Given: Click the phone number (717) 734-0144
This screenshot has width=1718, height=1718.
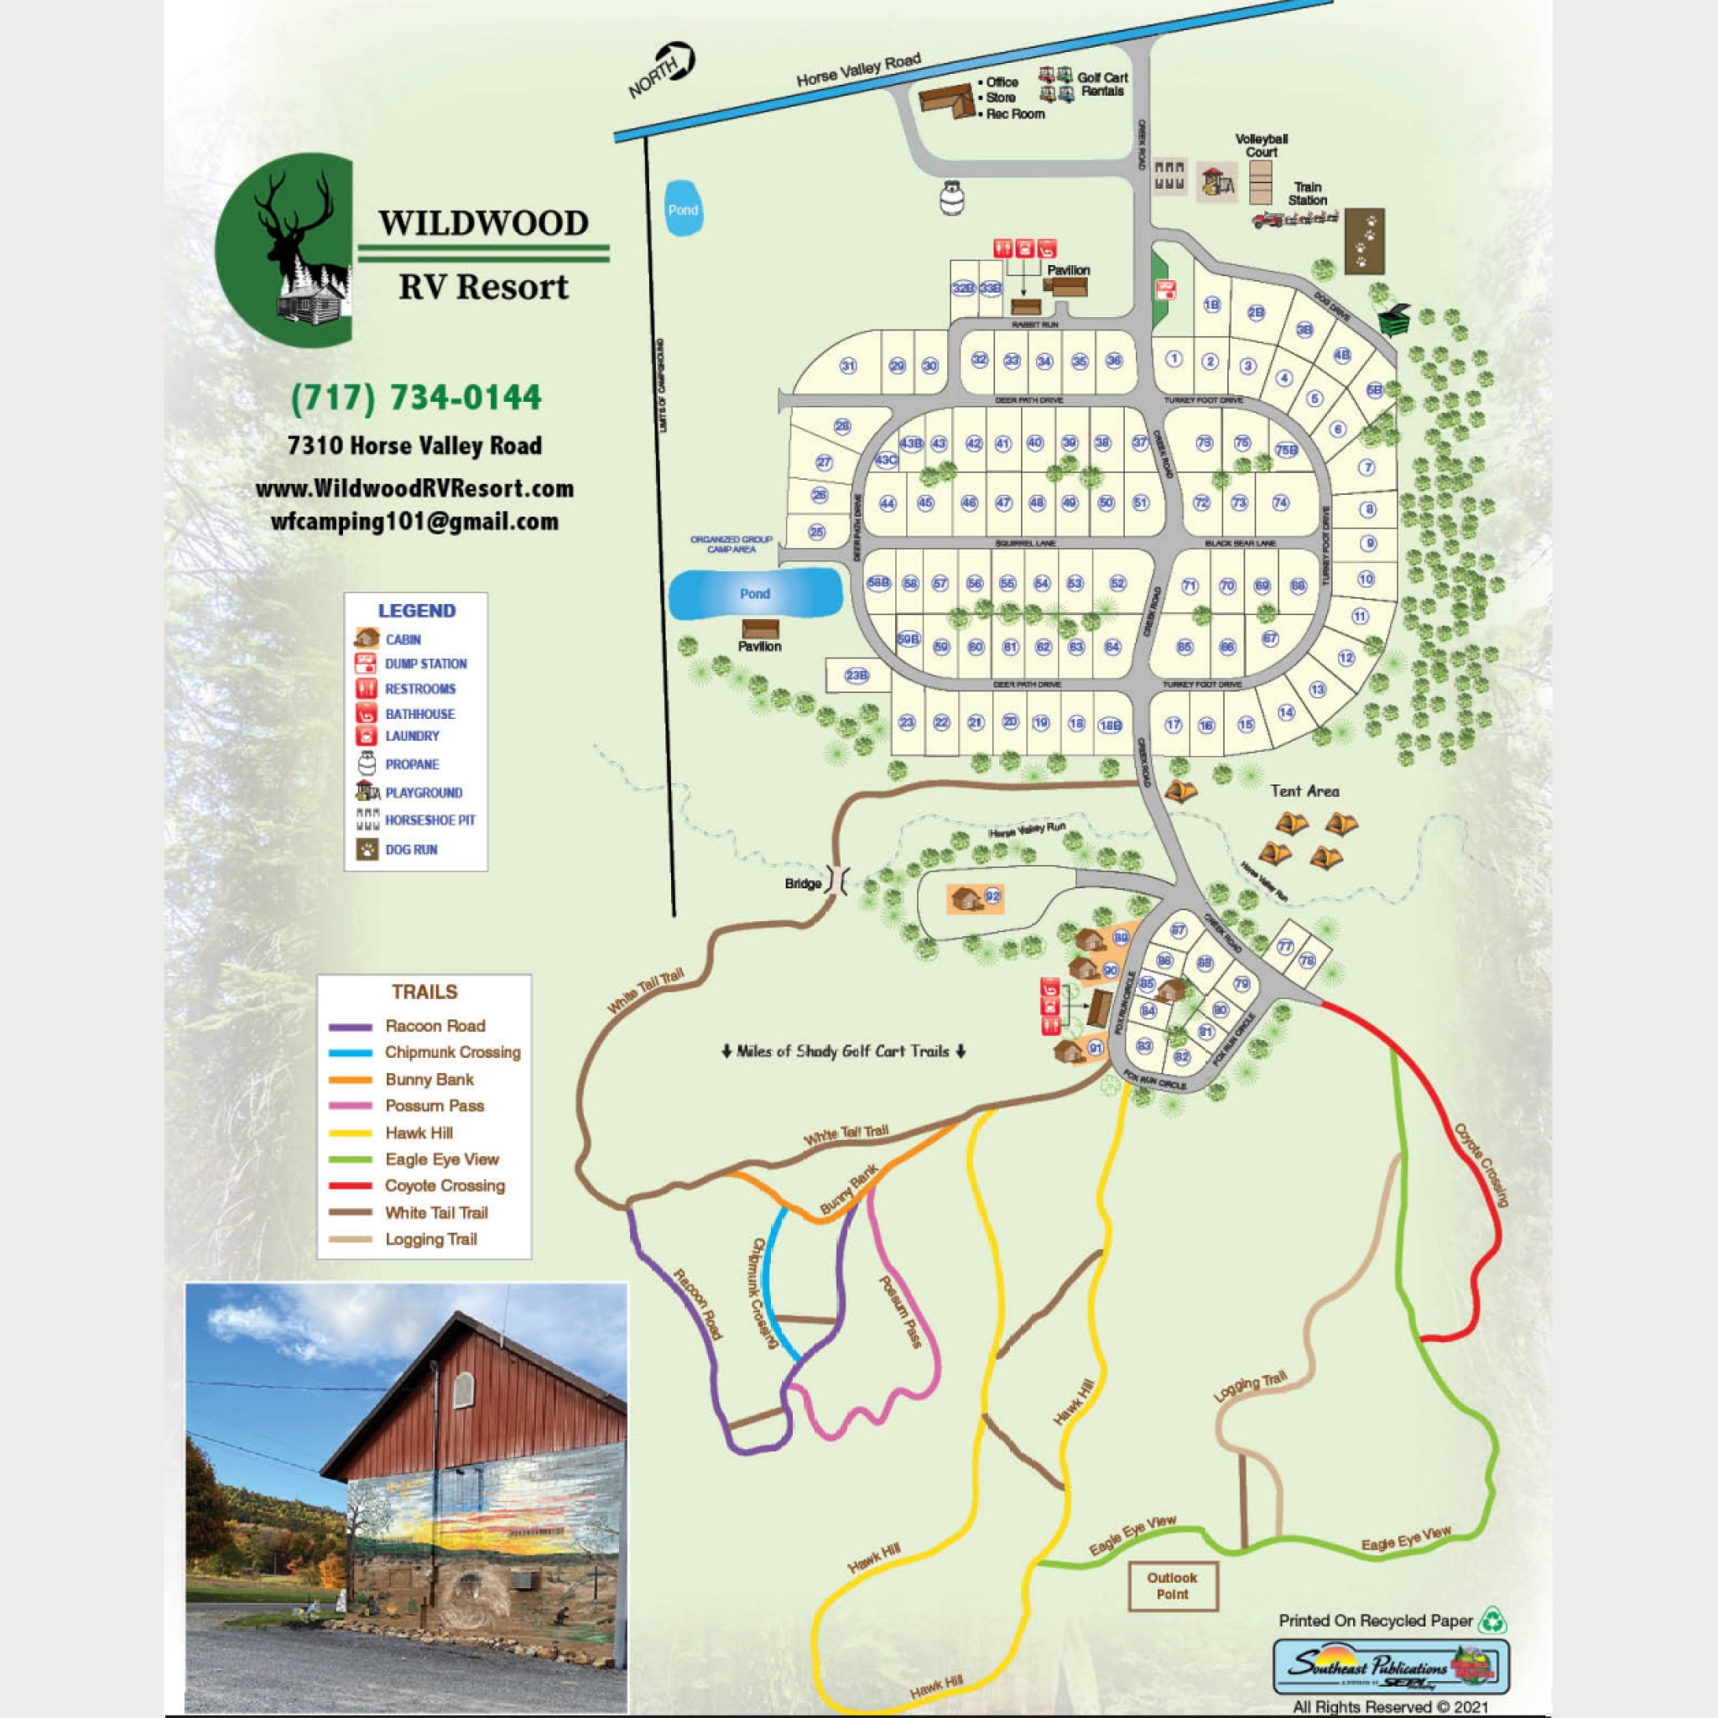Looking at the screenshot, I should (x=416, y=397).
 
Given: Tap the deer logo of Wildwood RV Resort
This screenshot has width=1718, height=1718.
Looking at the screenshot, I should (x=284, y=251).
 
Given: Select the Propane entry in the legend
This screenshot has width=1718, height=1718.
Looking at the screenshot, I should (x=411, y=764).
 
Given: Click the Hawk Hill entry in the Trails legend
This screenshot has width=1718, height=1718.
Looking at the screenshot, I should (x=418, y=1132).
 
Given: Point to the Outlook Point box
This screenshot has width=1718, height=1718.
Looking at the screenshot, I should (x=1172, y=1586).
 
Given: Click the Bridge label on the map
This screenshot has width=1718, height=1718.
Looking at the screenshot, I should (x=802, y=883).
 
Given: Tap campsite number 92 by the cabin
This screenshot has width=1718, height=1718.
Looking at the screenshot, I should (x=992, y=897).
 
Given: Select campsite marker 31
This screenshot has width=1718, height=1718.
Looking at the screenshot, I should (x=847, y=367).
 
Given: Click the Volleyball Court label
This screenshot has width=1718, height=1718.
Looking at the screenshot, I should (x=1261, y=145).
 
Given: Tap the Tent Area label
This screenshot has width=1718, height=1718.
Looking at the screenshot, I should (x=1304, y=790).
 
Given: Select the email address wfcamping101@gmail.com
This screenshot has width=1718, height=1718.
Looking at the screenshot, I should (x=414, y=522).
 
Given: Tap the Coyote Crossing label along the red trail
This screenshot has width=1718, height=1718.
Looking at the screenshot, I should (x=1481, y=1165).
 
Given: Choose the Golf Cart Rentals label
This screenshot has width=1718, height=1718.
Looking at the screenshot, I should (x=1101, y=84).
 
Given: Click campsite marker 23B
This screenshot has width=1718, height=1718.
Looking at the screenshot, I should (x=856, y=676).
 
